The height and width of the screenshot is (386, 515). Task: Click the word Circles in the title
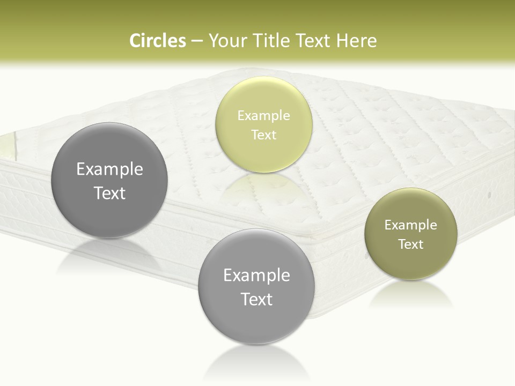(157, 41)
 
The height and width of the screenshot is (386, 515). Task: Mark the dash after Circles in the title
(196, 41)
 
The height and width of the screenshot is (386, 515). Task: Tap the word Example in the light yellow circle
(263, 116)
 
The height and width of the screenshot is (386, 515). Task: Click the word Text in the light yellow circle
(263, 135)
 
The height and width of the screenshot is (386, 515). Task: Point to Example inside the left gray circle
(109, 169)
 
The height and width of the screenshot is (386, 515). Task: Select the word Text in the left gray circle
(109, 193)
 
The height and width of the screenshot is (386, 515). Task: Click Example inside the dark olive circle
(410, 225)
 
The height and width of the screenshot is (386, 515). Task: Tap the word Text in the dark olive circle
(410, 244)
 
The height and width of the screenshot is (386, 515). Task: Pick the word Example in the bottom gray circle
(256, 276)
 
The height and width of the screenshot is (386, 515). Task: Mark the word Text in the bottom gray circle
(256, 299)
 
